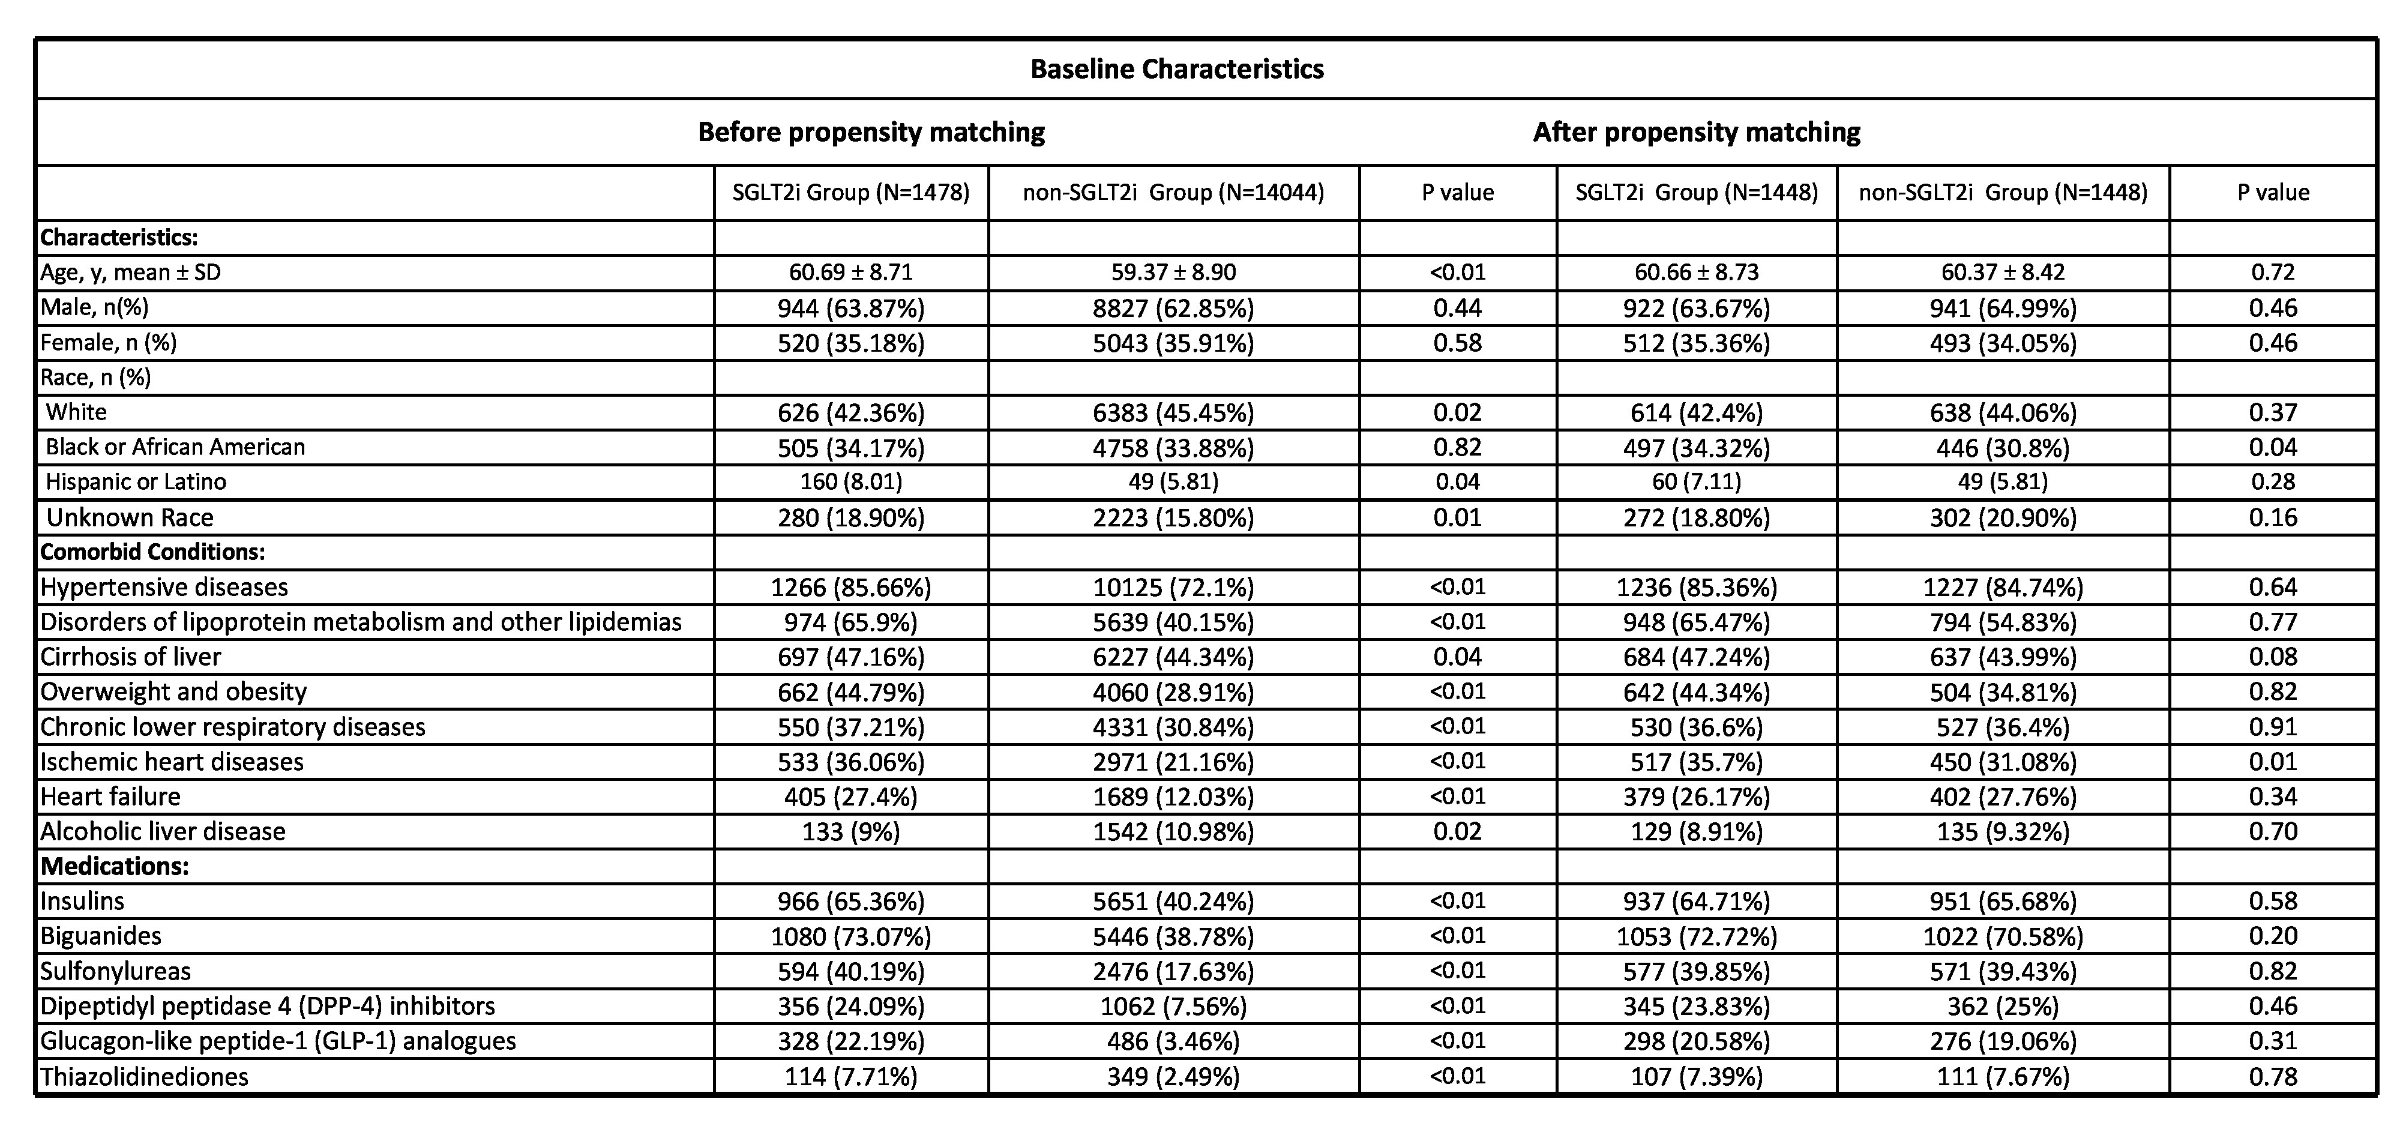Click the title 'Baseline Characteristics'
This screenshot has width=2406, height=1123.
[1177, 69]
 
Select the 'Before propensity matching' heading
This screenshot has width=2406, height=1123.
[871, 131]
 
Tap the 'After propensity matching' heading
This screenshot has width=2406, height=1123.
[1696, 131]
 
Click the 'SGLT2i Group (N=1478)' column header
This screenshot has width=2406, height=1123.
[851, 193]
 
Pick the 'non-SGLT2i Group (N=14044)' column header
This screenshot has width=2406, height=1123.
[1173, 193]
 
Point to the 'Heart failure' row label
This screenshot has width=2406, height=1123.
[110, 796]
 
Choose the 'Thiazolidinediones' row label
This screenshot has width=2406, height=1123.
[144, 1076]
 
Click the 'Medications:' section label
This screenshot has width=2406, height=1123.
[115, 866]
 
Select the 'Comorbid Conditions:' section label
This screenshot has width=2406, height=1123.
[152, 551]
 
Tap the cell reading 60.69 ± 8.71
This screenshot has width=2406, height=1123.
[851, 272]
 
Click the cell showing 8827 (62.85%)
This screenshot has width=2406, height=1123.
[1173, 307]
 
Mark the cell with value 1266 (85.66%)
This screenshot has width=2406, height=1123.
[851, 587]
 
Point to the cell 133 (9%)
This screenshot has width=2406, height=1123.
[851, 831]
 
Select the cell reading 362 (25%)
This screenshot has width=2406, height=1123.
[2003, 1006]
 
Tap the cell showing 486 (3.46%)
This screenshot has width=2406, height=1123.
[1173, 1041]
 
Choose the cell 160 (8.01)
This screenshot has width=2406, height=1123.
[851, 482]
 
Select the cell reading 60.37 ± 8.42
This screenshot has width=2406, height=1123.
[2003, 272]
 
